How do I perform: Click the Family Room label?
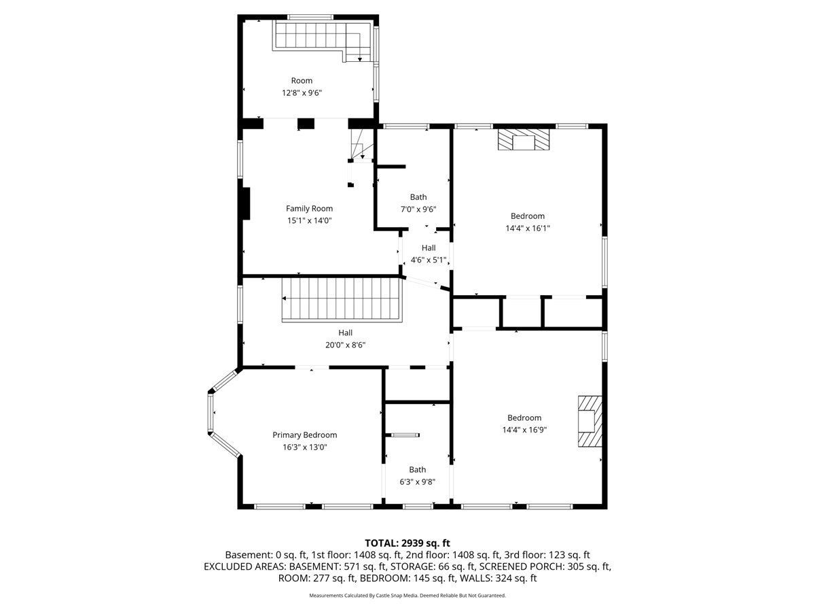pos(309,209)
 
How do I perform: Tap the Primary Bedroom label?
pos(304,435)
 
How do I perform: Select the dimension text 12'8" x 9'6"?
pos(302,92)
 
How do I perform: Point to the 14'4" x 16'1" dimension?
pos(527,228)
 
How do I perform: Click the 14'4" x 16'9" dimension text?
pos(524,430)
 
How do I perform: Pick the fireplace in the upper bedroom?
pos(523,139)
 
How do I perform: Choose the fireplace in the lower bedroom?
pos(590,421)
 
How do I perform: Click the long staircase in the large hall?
pos(341,299)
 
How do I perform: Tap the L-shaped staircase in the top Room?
pos(323,41)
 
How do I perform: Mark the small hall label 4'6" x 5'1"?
pos(428,260)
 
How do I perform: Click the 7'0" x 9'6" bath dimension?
pos(418,209)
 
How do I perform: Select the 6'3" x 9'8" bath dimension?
pos(417,481)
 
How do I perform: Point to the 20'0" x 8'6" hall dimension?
pos(345,345)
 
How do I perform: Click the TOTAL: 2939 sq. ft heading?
pos(407,543)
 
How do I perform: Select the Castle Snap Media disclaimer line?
pos(407,595)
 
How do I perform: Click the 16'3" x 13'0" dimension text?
pos(304,447)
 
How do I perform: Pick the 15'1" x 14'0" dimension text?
pos(309,220)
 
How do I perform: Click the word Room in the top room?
pos(302,81)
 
